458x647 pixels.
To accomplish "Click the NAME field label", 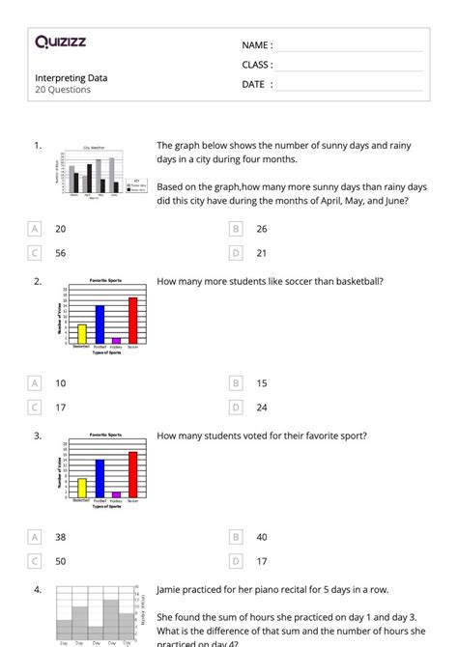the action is tap(256, 44).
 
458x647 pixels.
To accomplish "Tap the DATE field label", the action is tap(256, 84).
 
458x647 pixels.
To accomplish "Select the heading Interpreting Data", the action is tap(72, 77).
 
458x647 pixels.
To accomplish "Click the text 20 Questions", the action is tap(63, 90).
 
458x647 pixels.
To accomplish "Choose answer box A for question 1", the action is tap(35, 229).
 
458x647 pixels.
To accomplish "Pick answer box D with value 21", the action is tap(236, 253).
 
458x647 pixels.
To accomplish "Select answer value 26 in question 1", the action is tap(262, 229).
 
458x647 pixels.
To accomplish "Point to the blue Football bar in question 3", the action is tap(100, 478).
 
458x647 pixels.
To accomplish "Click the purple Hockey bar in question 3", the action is tap(116, 493).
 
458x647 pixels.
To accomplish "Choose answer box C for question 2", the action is tap(35, 407).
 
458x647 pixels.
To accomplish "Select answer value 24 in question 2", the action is tap(262, 407).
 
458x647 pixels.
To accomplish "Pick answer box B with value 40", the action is tap(236, 536).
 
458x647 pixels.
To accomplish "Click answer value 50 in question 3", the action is tap(61, 560).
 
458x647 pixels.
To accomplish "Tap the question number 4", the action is tap(37, 589).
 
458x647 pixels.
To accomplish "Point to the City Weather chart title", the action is tap(94, 147).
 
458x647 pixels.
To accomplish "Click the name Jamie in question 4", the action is tap(170, 588).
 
